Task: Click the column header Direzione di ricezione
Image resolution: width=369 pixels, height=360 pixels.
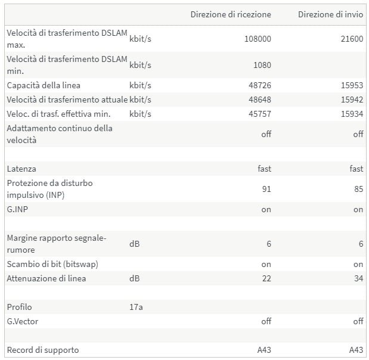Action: click(231, 14)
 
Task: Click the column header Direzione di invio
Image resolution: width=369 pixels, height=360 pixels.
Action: click(330, 14)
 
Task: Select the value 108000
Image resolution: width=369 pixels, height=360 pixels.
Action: click(258, 39)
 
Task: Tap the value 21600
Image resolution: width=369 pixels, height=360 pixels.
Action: click(351, 39)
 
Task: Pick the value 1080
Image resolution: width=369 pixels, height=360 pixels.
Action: click(261, 65)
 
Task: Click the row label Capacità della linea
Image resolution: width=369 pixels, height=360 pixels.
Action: click(44, 85)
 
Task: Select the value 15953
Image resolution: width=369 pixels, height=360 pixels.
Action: click(351, 85)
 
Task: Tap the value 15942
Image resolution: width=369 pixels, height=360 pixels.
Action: click(351, 100)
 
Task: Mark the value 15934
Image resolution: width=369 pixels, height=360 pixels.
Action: click(351, 114)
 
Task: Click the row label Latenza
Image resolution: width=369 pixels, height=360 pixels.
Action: click(21, 169)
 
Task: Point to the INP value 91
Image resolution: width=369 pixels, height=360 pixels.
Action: click(266, 189)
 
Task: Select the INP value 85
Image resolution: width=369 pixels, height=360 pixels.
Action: click(358, 189)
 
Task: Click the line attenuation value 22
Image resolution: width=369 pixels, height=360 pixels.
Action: click(266, 278)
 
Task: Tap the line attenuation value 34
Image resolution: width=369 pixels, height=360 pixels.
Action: click(358, 278)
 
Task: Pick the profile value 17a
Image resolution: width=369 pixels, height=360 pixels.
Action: click(136, 307)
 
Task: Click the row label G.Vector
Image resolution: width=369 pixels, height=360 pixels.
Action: click(24, 321)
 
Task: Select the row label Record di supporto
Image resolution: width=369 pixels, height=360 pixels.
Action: click(43, 350)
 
